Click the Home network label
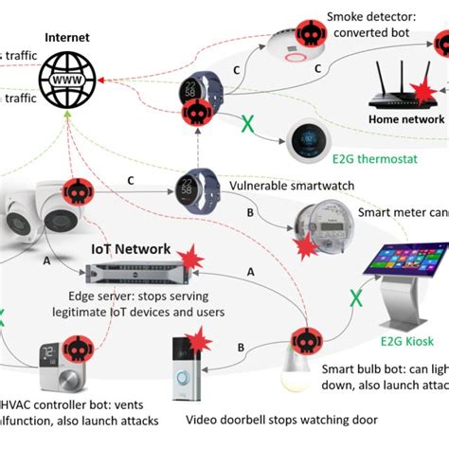tap(405, 120)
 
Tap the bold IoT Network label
tap(127, 248)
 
